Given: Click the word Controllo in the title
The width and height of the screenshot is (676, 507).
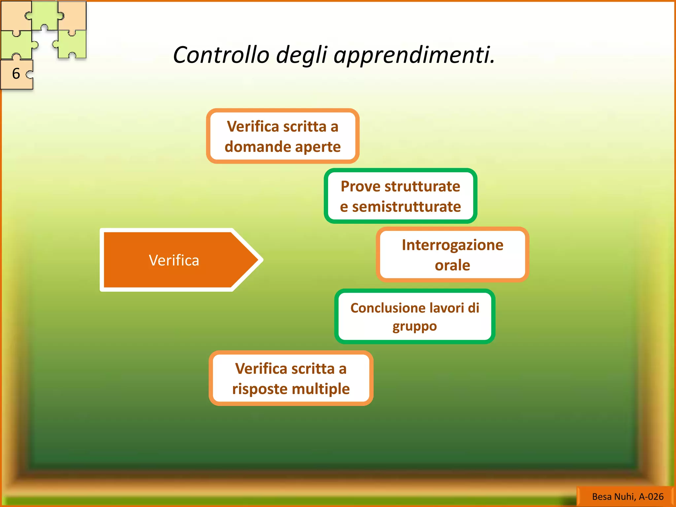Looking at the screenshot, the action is (221, 55).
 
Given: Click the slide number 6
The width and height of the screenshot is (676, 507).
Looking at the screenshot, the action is (16, 74).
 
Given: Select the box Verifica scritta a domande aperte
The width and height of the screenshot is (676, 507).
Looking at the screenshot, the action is (283, 136).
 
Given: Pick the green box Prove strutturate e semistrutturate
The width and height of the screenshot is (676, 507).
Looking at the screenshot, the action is (400, 196).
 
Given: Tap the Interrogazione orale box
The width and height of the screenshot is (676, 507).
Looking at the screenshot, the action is (453, 254).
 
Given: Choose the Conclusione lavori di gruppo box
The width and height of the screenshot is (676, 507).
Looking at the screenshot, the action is (415, 317).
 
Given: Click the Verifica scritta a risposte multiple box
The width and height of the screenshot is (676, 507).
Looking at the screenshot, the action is (291, 378).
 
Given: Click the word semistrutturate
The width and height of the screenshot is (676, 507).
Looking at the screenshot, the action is (407, 207).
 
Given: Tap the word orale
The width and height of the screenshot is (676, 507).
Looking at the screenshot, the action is (453, 265).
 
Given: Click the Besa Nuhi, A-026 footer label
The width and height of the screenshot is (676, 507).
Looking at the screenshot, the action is (627, 496).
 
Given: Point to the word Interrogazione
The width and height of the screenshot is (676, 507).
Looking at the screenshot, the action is (453, 245).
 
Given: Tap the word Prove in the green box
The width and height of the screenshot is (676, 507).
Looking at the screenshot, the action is (360, 186).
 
